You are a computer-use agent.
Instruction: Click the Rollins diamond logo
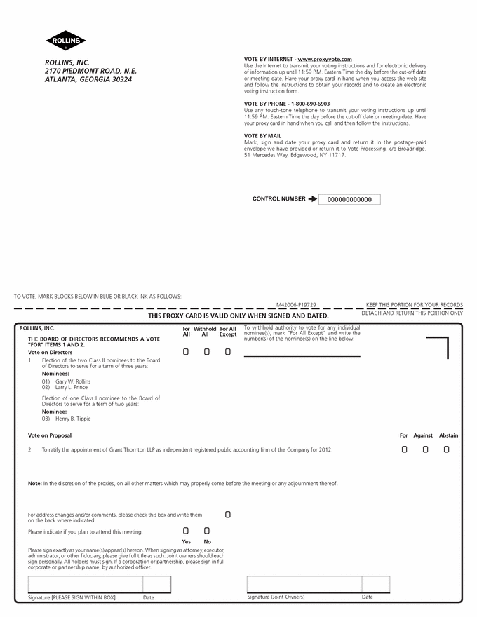[66, 41]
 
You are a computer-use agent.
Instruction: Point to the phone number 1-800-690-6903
[306, 104]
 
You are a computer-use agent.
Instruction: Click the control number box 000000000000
[349, 200]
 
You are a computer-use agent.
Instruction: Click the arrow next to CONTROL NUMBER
[312, 199]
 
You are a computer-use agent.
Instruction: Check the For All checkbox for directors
[186, 352]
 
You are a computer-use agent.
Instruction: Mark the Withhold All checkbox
[206, 352]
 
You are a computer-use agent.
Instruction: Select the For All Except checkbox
[227, 352]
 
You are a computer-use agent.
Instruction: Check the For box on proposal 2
[404, 449]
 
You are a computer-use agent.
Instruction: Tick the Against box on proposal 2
[425, 449]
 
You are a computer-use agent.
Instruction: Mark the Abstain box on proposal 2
[446, 449]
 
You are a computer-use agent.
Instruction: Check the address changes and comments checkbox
[227, 515]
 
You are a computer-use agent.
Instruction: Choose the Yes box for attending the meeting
[186, 531]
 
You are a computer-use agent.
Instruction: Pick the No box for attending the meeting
[207, 531]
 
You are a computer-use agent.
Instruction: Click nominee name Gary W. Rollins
[73, 381]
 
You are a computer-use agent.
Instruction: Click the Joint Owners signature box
[304, 585]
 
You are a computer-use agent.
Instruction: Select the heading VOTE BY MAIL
[262, 136]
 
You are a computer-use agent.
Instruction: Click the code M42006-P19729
[296, 305]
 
